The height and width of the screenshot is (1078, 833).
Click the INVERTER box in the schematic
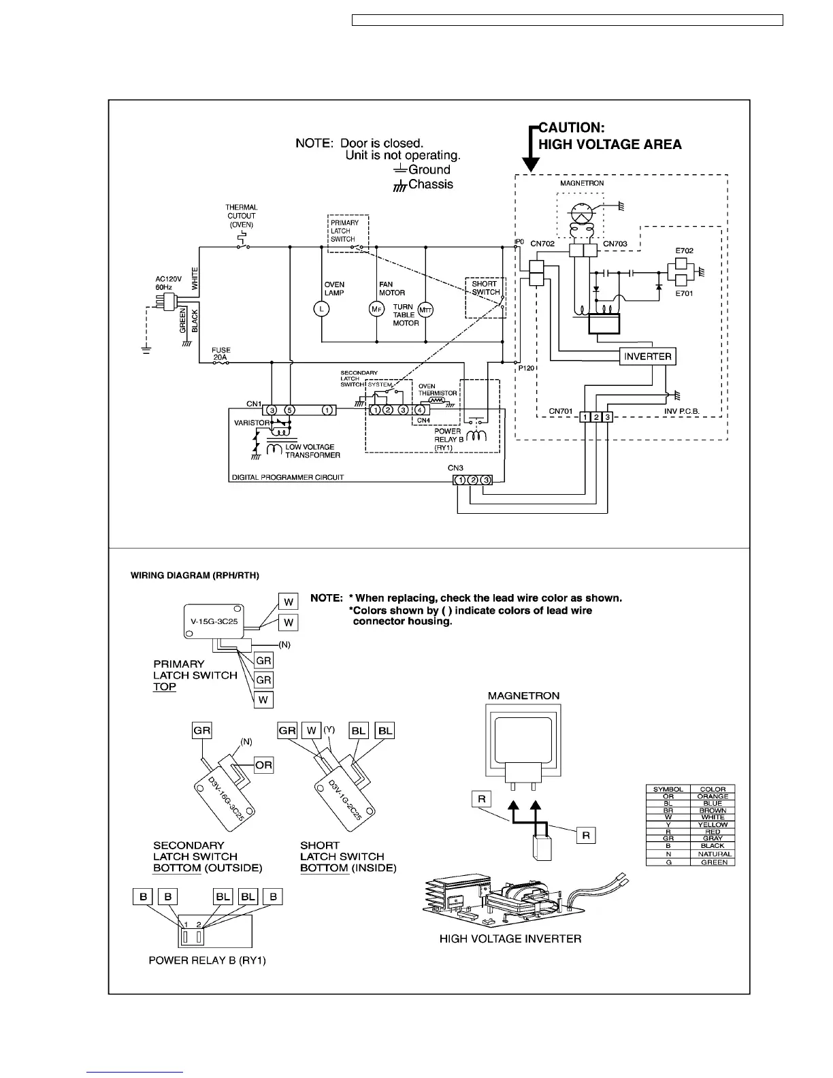647,357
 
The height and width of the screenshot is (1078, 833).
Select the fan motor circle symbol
376,309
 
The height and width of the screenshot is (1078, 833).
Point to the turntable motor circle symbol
425,310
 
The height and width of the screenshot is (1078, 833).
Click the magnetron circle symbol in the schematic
581,212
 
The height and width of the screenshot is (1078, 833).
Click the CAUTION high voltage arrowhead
531,165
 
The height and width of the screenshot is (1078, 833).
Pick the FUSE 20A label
220,353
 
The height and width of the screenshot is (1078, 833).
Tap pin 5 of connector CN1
289,410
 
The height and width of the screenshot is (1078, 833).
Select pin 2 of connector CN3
473,480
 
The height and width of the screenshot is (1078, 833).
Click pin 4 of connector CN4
421,410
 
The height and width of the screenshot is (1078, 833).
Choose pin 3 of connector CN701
608,416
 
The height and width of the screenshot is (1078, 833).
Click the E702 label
684,250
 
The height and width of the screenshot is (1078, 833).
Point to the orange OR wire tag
263,765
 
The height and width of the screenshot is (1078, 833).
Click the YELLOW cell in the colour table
713,825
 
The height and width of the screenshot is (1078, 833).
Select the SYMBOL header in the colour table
668,789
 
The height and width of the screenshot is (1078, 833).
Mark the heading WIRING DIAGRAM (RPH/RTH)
195,576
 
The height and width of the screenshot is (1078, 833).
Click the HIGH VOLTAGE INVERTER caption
510,939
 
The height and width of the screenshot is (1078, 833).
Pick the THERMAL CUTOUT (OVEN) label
242,216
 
